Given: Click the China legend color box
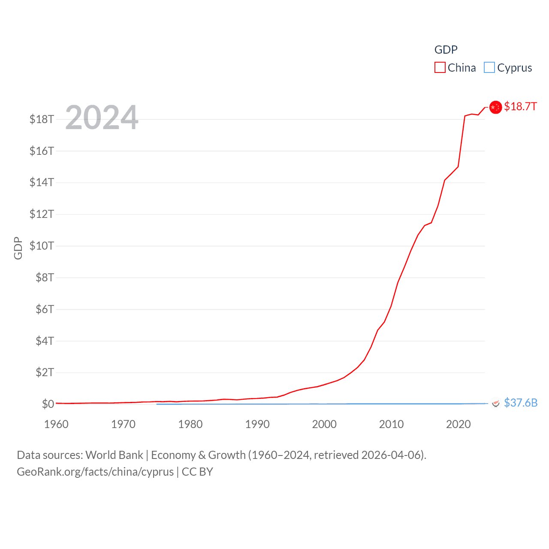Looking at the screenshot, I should click(440, 68).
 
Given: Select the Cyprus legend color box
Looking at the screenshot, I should click(489, 68).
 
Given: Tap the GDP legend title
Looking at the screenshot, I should click(446, 50).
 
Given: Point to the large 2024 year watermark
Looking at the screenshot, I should click(102, 117).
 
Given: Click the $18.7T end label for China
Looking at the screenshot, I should click(520, 106).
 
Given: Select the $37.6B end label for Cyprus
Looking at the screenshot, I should click(521, 403).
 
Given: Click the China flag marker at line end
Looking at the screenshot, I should click(495, 107).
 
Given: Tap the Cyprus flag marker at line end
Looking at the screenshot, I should click(495, 403).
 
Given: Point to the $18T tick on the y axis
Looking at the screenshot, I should click(42, 119).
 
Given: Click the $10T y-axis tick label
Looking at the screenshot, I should click(42, 246).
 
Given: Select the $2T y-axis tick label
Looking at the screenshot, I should click(45, 372).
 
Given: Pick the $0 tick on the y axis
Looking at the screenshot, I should click(48, 404).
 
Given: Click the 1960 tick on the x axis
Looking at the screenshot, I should click(56, 424).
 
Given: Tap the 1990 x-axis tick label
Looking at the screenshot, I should click(257, 424).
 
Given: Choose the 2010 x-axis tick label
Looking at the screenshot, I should click(391, 424).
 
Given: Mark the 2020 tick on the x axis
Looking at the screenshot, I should click(458, 424).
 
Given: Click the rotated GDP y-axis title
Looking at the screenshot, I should click(18, 248).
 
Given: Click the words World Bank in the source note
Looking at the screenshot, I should click(114, 455).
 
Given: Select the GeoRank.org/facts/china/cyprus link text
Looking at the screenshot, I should click(95, 472).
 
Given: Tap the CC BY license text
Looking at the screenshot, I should click(197, 472).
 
